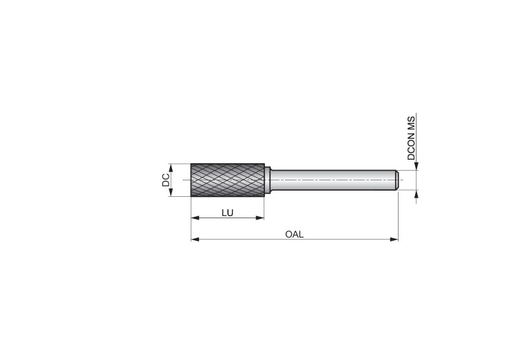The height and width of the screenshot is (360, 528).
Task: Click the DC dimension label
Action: (166, 180)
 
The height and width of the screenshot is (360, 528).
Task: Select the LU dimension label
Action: (227, 213)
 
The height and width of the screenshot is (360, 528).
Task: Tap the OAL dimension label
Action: (295, 234)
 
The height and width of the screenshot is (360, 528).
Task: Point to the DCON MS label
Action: (411, 138)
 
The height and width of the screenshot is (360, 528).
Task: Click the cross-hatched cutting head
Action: (228, 180)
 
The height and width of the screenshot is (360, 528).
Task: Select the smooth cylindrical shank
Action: (332, 180)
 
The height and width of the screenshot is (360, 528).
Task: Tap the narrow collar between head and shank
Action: (268, 180)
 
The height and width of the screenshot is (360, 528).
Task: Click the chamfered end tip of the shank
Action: (397, 180)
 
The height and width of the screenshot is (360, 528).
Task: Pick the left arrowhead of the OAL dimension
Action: (195, 240)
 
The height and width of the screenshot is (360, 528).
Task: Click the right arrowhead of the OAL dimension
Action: (394, 240)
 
